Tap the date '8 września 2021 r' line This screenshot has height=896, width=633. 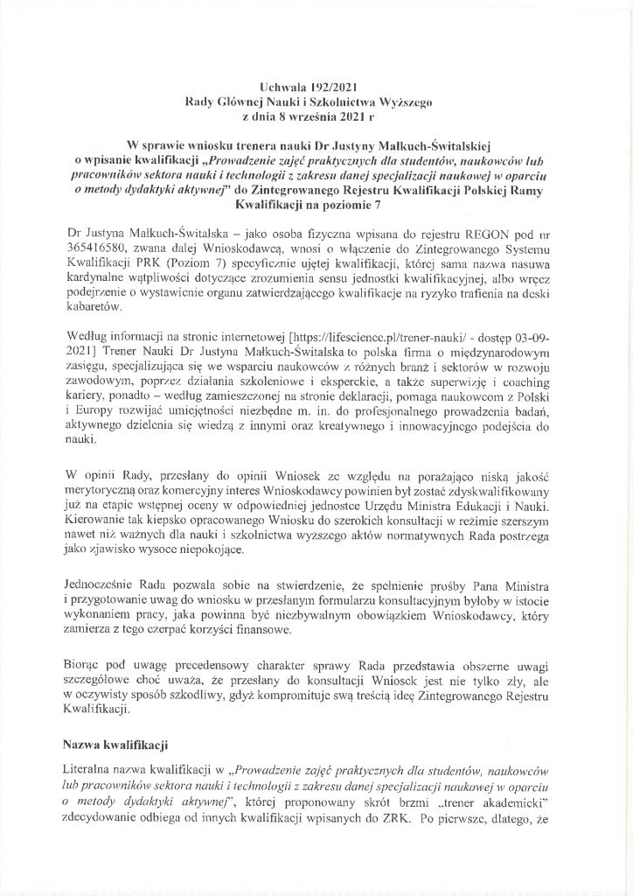pos(316,115)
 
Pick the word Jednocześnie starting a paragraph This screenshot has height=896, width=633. pos(108,581)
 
